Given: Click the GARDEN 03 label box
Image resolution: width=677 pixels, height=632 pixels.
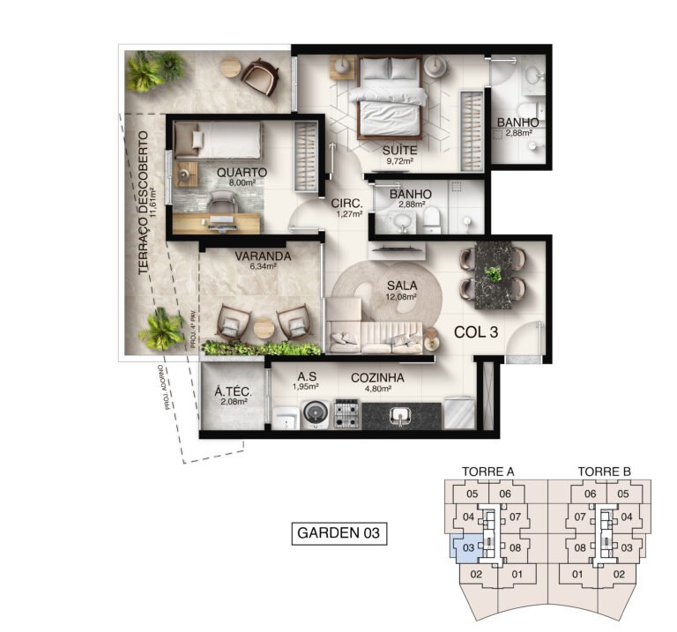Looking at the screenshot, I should pos(339,532).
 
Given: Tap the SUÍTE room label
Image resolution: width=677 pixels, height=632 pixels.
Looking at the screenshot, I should pos(398,150).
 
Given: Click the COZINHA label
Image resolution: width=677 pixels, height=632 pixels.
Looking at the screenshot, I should pos(377,378).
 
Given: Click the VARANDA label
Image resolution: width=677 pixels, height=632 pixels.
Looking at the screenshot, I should pos(263,257).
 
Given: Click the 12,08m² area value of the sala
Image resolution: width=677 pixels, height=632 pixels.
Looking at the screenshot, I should pos(402,296).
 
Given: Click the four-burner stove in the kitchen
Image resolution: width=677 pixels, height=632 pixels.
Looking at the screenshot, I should pos(346,413).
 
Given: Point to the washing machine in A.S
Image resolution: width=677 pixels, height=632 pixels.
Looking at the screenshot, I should pos(315,413).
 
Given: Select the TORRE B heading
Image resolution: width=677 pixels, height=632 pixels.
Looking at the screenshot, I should pos(605,472).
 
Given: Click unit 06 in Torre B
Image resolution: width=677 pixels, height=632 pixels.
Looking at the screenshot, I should pos(590,494).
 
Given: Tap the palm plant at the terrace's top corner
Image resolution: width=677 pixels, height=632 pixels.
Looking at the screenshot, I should pos(155,71).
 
